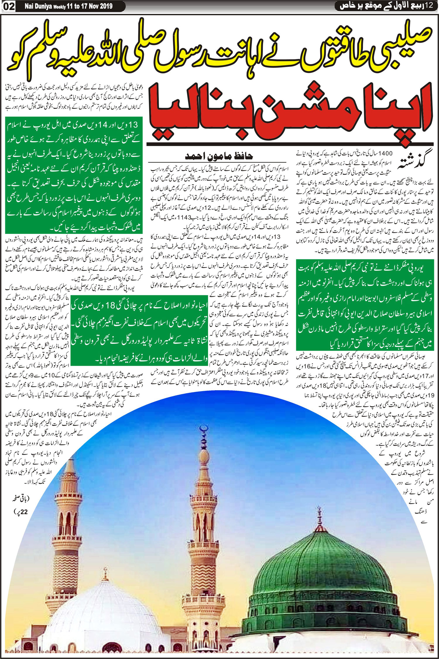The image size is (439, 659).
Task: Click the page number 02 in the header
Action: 9,6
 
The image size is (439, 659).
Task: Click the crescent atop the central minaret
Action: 202,429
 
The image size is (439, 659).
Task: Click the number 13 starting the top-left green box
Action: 132,125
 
